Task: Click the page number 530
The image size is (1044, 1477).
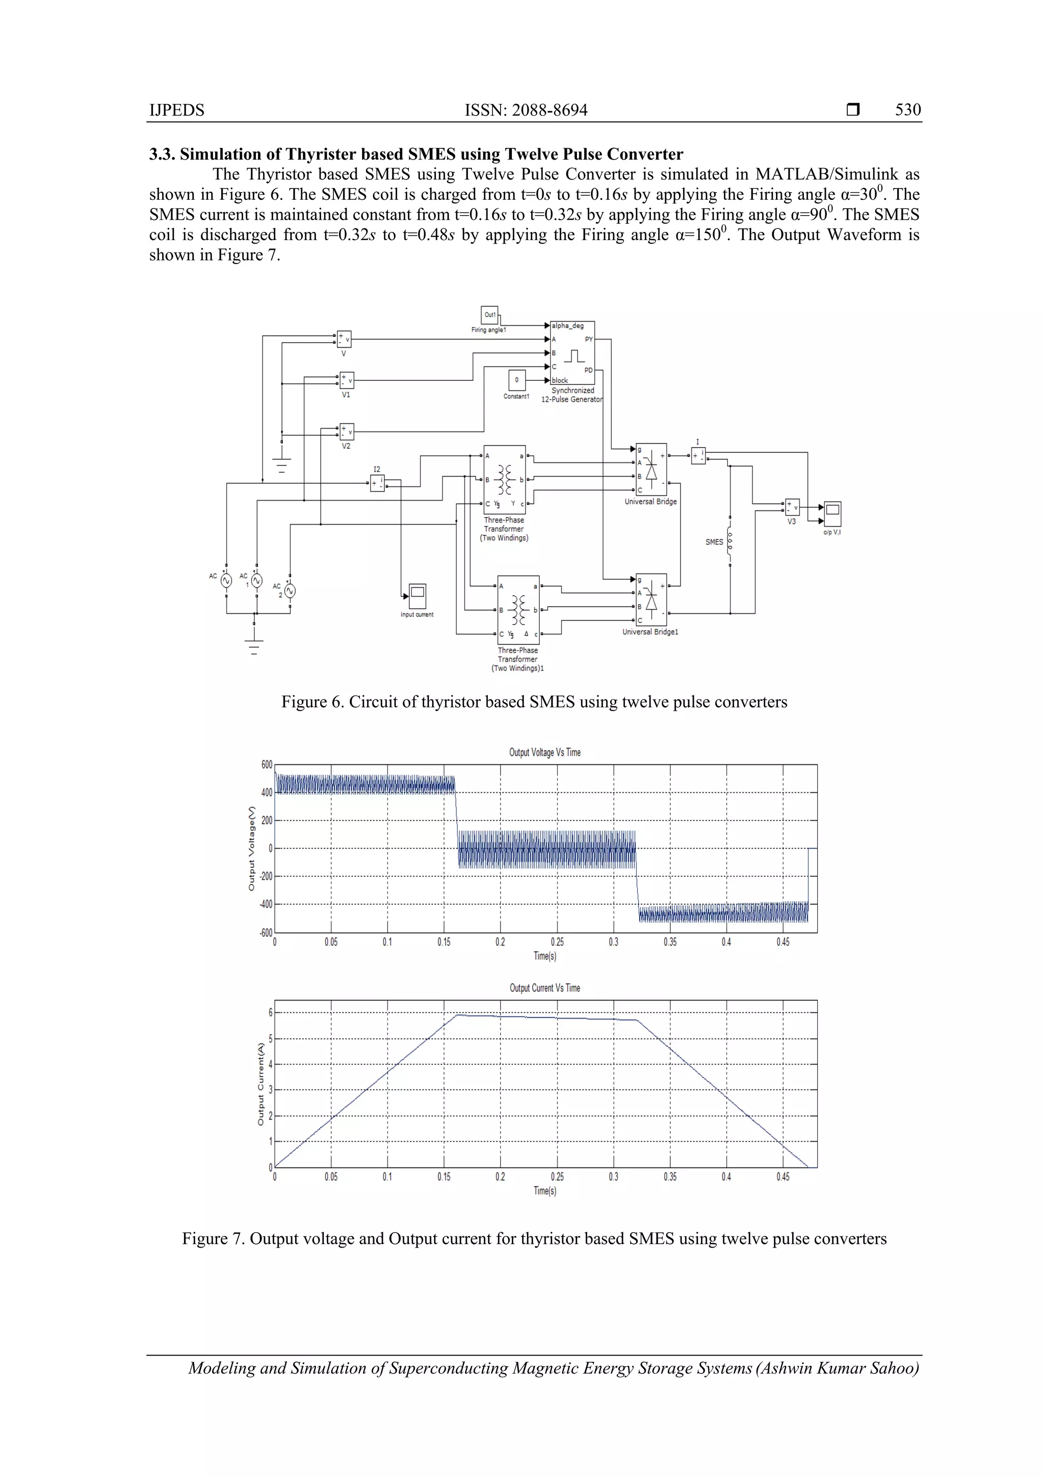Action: [x=907, y=110]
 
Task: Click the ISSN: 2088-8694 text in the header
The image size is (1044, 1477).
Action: [x=526, y=110]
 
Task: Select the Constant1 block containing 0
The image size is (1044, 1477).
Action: [x=516, y=380]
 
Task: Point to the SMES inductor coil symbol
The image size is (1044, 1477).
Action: [x=729, y=541]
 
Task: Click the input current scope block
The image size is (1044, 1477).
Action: [x=417, y=595]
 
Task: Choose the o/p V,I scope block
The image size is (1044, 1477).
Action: [x=832, y=514]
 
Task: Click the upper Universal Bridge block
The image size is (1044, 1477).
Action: [x=651, y=469]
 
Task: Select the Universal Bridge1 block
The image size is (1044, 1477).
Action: [x=651, y=600]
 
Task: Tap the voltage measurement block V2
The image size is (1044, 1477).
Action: [x=346, y=432]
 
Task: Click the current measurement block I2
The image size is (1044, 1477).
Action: [x=377, y=483]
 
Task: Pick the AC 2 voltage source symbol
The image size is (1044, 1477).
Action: [x=290, y=590]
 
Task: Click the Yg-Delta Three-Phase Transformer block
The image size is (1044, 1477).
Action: [x=518, y=610]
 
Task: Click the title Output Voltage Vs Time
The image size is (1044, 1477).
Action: [x=544, y=752]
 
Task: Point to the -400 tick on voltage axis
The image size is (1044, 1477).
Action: [x=266, y=904]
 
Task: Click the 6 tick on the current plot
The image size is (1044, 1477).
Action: [x=270, y=1013]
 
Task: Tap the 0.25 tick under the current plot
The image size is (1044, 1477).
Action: [x=557, y=1177]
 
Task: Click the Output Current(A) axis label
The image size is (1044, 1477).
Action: [x=260, y=1084]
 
